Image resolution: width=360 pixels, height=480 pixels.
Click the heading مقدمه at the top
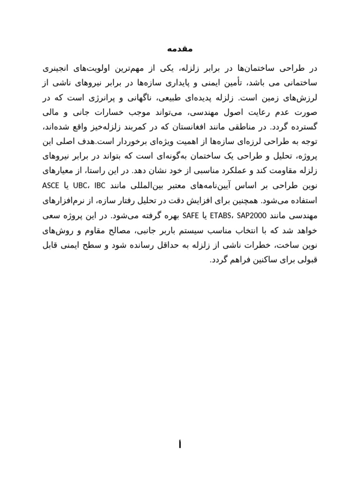(x=180, y=49)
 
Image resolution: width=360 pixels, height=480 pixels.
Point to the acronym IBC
(x=101, y=185)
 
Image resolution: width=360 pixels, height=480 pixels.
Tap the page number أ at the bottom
(x=180, y=445)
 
